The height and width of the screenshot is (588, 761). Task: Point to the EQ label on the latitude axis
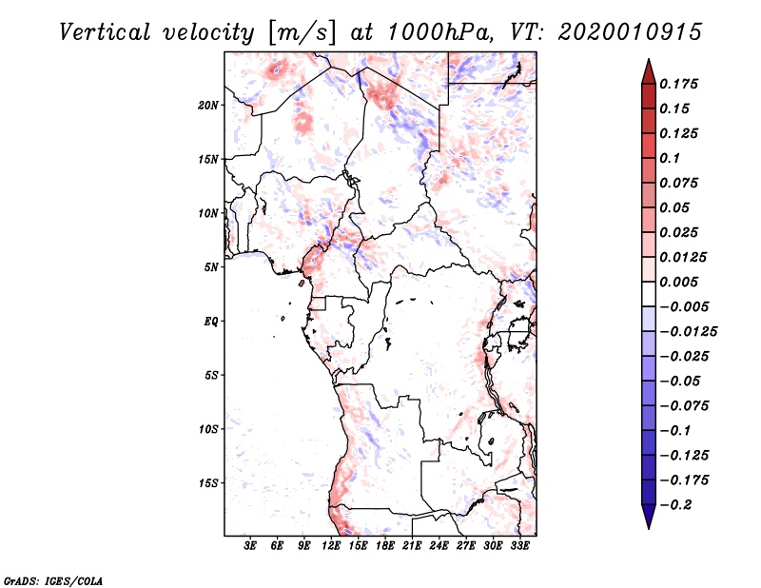(211, 322)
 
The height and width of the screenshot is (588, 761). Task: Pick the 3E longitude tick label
(250, 547)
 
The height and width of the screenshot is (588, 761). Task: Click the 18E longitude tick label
(385, 547)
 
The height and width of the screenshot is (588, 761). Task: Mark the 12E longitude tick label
(331, 547)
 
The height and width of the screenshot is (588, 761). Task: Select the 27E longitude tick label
(466, 547)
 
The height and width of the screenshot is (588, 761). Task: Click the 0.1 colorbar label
(672, 158)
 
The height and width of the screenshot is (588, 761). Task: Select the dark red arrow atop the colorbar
(648, 69)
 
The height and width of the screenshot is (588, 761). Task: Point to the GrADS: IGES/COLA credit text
(41, 579)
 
